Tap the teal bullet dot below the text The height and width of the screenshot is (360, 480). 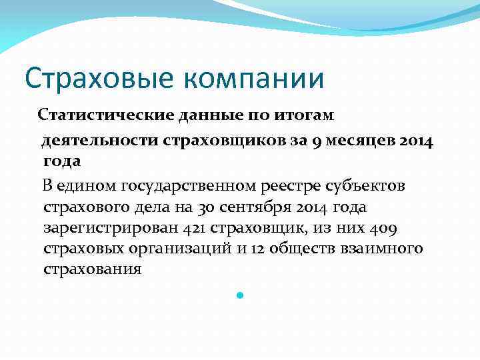(x=241, y=293)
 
